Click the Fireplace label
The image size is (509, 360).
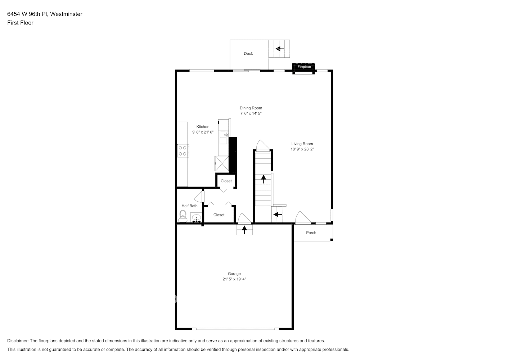(304, 67)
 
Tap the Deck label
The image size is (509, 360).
(248, 54)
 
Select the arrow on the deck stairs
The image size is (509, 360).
(280, 49)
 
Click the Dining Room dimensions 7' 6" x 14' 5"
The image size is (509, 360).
(251, 113)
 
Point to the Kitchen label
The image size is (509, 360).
(203, 127)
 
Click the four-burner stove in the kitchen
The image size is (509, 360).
(183, 150)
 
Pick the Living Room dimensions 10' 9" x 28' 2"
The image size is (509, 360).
(302, 149)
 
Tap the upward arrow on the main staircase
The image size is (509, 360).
(263, 179)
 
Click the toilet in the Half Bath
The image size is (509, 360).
(183, 216)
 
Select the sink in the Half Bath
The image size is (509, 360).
(196, 218)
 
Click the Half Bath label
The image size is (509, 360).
(189, 206)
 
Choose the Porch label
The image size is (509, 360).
(311, 233)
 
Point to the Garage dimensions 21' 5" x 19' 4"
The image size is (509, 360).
(234, 279)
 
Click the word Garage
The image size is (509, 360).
(234, 274)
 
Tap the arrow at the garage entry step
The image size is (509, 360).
(244, 229)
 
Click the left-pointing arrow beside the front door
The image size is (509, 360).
(277, 215)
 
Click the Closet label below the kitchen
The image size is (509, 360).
(226, 181)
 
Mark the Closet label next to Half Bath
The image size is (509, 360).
(219, 215)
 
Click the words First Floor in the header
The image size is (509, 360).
(20, 23)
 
